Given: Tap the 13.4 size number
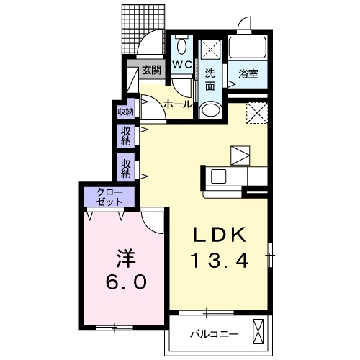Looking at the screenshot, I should pyautogui.click(x=220, y=261).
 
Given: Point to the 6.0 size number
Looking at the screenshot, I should pyautogui.click(x=127, y=282).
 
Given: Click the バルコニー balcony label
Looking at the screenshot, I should pyautogui.click(x=214, y=333).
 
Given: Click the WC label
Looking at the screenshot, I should pyautogui.click(x=181, y=65).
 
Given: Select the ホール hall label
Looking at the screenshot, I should pyautogui.click(x=178, y=104).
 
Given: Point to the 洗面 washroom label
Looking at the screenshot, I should pyautogui.click(x=210, y=79).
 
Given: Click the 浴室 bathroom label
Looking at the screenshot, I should pyautogui.click(x=248, y=73).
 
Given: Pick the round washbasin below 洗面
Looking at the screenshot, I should pyautogui.click(x=210, y=109).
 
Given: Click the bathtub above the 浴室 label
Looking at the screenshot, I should pyautogui.click(x=248, y=49).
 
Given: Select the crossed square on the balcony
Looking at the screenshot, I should pyautogui.click(x=259, y=332).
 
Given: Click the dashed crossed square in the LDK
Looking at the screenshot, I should pyautogui.click(x=256, y=112).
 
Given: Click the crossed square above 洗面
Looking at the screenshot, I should pyautogui.click(x=210, y=49).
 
